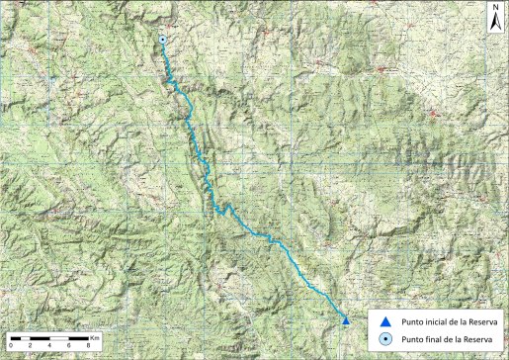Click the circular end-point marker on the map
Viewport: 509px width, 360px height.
(162, 40)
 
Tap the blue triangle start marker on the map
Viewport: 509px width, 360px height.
(345, 320)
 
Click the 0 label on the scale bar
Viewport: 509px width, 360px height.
(10, 344)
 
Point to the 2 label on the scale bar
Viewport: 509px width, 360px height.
(30, 344)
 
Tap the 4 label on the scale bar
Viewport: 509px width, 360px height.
(49, 344)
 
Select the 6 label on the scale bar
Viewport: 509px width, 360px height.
(69, 344)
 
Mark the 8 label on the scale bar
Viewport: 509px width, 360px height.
(89, 344)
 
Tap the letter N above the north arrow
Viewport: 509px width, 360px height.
(494, 7)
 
